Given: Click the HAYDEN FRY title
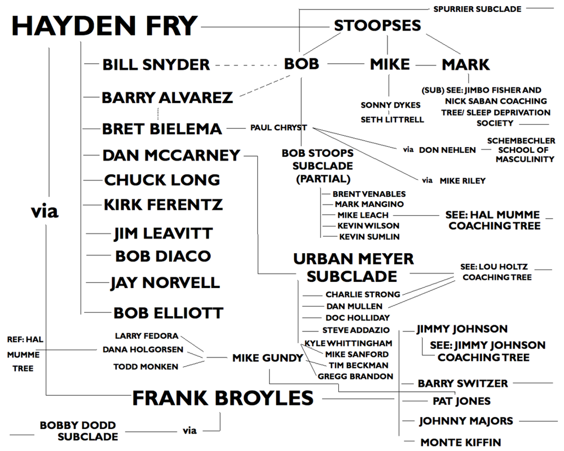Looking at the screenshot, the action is click(x=105, y=26).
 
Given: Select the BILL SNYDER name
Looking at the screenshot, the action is click(x=156, y=65).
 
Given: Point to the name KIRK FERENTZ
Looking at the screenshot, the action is click(x=163, y=204).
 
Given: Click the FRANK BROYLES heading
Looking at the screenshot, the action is click(x=223, y=398).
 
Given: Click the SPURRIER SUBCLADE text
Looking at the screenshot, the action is click(x=477, y=9).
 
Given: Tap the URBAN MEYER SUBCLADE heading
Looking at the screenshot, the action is click(x=353, y=267).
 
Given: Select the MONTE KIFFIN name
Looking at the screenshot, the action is click(x=460, y=442).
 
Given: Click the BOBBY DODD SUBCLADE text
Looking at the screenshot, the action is click(x=79, y=430).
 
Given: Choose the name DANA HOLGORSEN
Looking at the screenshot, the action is click(x=143, y=350).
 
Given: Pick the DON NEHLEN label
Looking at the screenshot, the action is click(x=447, y=150).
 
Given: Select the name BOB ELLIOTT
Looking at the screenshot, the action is click(x=168, y=312).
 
